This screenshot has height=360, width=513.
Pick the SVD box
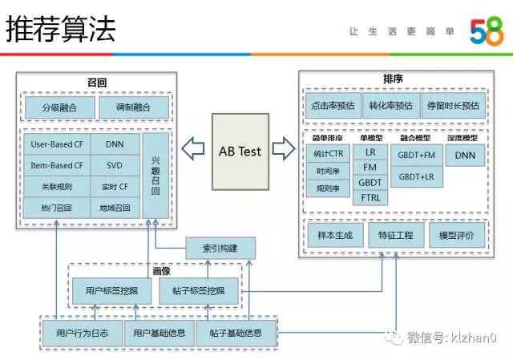tap(115, 166)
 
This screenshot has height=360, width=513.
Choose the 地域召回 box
tap(115, 208)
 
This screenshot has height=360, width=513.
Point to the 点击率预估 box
tap(333, 106)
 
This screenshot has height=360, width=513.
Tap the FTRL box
tap(370, 197)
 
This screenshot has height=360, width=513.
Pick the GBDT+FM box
tap(416, 154)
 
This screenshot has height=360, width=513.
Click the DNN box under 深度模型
tap(465, 155)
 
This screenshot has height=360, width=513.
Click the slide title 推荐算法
tap(61, 30)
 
